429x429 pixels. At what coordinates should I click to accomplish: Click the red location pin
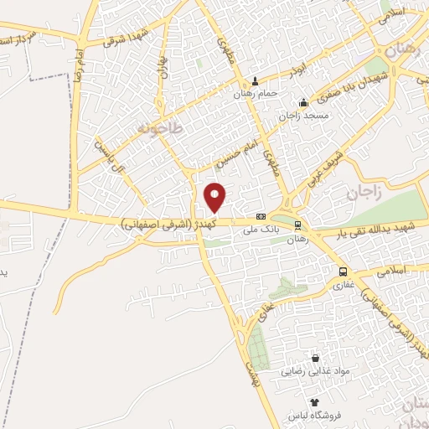coord(215,197)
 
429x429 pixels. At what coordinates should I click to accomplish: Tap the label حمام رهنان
coord(256,93)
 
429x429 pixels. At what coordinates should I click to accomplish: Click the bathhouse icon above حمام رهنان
coord(256,81)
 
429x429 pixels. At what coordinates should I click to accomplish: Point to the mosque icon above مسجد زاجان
coord(303,102)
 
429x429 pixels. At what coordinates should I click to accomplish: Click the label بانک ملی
coord(259,227)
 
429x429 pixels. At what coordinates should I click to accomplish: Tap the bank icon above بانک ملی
coord(261,215)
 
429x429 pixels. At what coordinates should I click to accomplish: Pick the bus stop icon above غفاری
coord(342,271)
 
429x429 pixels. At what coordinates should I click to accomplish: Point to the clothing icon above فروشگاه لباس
coord(315,403)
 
